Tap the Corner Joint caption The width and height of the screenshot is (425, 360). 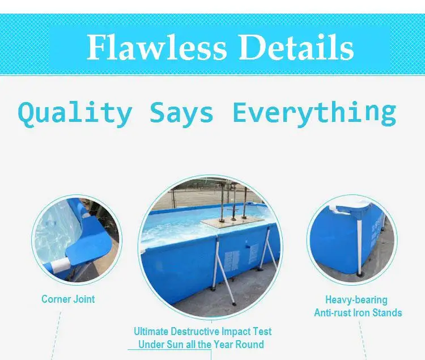tap(68, 299)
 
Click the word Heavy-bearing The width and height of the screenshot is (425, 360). tap(356, 300)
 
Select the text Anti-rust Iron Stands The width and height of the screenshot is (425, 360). tap(358, 312)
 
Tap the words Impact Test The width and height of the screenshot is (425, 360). tap(249, 331)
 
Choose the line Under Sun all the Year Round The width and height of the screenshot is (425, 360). tap(201, 344)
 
